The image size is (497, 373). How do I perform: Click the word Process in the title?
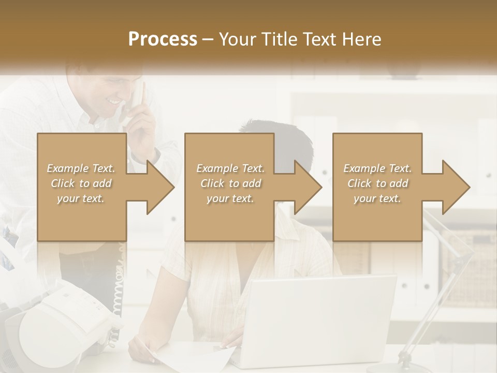pyautogui.click(x=163, y=39)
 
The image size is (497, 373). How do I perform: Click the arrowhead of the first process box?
pyautogui.click(x=161, y=187)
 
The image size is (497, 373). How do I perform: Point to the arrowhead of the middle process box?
pyautogui.click(x=308, y=187)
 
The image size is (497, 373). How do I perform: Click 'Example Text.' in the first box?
pyautogui.click(x=81, y=168)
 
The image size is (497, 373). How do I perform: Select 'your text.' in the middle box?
pyautogui.click(x=230, y=198)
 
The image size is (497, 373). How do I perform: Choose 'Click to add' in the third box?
pyautogui.click(x=377, y=183)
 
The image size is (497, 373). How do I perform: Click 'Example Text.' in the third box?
pyautogui.click(x=377, y=168)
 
